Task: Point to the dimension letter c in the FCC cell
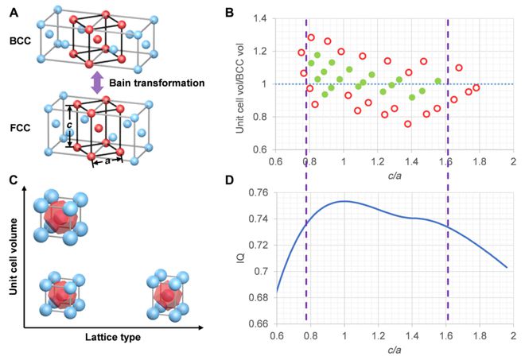(x=70, y=123)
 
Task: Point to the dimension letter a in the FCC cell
(x=106, y=161)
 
